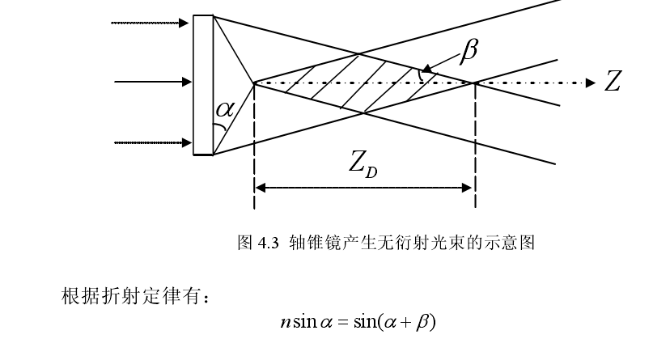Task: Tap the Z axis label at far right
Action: click(x=613, y=82)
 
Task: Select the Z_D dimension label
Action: click(x=364, y=165)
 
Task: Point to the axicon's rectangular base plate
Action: click(x=203, y=84)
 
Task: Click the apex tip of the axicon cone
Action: click(x=254, y=83)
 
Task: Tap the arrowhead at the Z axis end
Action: click(x=590, y=82)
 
